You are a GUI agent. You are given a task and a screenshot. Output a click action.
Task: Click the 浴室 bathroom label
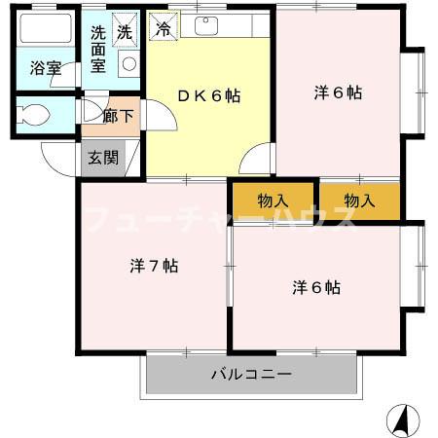coord(45,69)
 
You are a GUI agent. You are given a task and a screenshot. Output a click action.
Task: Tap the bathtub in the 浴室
coord(46,31)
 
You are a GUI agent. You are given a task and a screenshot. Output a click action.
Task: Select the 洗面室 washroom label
coord(98,49)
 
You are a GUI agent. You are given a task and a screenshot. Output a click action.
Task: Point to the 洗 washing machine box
coord(124,31)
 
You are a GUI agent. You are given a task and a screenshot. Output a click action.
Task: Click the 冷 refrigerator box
coord(163,29)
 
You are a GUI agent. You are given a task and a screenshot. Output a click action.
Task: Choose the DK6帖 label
coord(207,95)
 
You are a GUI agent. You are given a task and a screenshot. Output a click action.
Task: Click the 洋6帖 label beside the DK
coord(337,93)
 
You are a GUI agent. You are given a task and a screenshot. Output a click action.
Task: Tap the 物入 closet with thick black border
coord(273,201)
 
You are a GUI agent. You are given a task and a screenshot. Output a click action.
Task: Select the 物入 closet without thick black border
coord(359,201)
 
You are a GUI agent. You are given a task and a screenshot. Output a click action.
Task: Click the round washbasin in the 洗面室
coord(129,64)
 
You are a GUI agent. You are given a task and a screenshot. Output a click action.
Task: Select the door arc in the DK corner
coord(256,158)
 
